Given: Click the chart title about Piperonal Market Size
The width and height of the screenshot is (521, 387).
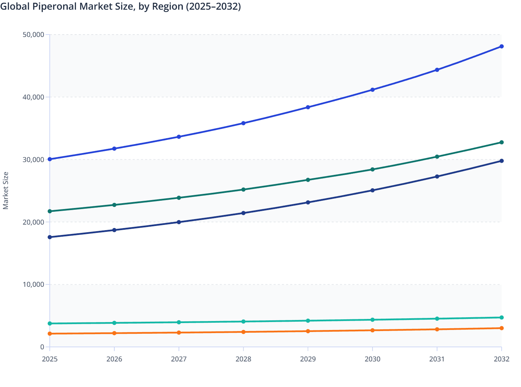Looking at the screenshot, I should [x=121, y=7].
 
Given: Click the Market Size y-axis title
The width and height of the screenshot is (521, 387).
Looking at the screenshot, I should [x=6, y=190].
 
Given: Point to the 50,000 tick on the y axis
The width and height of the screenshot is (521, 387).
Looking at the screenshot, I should [x=33, y=35].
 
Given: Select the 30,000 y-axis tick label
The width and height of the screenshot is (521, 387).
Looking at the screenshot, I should [x=33, y=160].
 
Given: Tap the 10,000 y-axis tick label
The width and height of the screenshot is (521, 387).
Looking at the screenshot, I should [x=33, y=284].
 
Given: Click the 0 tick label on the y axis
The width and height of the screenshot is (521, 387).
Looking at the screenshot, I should [x=42, y=347].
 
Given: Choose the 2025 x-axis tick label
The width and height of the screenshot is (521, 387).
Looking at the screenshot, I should [x=50, y=359].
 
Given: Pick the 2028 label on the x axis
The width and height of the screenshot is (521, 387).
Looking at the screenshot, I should [x=243, y=359].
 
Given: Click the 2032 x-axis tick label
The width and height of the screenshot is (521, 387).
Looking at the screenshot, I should [x=501, y=359].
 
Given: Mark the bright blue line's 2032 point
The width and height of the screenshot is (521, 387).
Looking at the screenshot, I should [x=501, y=46].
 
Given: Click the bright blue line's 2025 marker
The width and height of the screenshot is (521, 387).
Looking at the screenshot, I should [x=50, y=159].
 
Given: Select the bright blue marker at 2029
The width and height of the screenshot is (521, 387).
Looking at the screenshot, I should [x=308, y=107].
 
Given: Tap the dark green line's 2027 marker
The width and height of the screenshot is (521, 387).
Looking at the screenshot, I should [x=179, y=198].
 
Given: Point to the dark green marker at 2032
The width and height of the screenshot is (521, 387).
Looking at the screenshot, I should [x=501, y=142].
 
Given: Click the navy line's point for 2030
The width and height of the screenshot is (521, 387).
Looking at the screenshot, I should [x=372, y=190].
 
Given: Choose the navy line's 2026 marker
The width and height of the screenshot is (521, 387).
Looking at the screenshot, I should [x=114, y=230].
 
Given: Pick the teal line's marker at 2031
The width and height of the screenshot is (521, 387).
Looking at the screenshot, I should [x=437, y=319].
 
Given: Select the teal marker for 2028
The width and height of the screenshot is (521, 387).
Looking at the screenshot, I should [x=243, y=321].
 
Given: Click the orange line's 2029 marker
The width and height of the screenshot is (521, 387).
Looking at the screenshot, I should [x=308, y=331].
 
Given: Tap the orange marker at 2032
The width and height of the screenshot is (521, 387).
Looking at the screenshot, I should [x=501, y=328].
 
